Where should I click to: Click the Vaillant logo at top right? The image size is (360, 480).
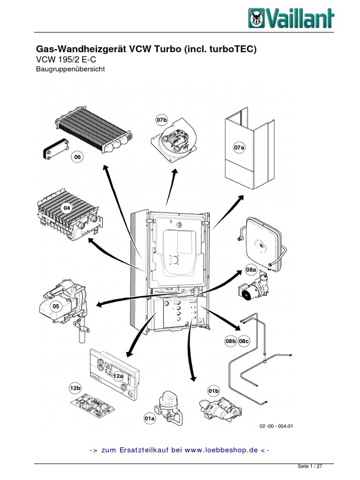291,19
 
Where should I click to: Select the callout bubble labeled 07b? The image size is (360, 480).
161,120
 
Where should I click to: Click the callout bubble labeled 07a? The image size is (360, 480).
240,148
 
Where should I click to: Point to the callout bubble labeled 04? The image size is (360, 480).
67,208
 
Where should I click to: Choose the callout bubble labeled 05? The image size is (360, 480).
56,306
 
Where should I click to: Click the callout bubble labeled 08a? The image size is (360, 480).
251,270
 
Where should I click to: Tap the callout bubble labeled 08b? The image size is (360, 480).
230,341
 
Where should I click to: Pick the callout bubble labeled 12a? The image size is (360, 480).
118,375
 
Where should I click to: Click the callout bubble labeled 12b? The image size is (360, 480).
75,389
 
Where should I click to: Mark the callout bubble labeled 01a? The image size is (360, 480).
150,418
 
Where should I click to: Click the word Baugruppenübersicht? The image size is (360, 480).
70,69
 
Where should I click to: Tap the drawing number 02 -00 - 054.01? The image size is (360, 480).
276,426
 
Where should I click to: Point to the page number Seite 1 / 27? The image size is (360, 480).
310,467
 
